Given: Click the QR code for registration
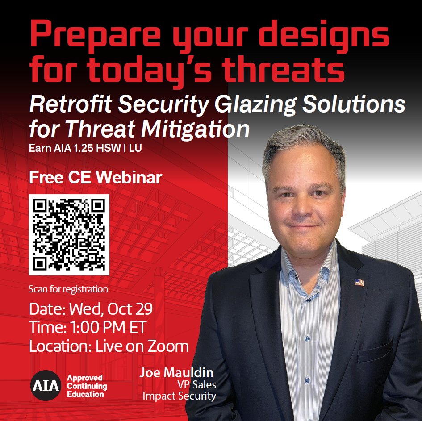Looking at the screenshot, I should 69,234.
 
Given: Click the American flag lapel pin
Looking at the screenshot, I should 359,282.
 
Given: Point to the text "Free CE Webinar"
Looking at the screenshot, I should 95,178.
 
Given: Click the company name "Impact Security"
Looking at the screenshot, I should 179,396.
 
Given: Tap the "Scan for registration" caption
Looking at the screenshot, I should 68,289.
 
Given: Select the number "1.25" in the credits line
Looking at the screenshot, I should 85,148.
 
